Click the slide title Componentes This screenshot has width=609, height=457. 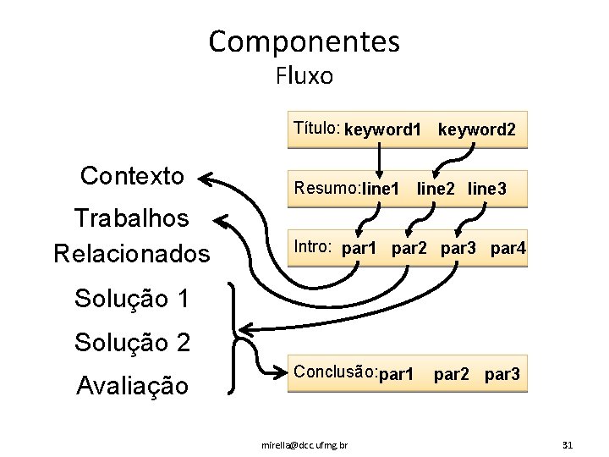(x=304, y=41)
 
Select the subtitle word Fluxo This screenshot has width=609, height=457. (x=304, y=76)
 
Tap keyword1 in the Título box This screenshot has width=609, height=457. (x=382, y=130)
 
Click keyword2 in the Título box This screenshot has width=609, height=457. (x=476, y=130)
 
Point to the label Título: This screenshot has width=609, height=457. (x=316, y=129)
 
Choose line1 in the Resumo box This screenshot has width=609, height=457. (x=381, y=190)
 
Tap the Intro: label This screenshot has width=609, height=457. (x=312, y=247)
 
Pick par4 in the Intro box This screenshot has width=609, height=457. (x=507, y=249)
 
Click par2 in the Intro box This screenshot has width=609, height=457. (x=409, y=249)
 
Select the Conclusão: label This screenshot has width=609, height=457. (x=333, y=372)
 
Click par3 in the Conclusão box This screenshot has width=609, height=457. (x=502, y=374)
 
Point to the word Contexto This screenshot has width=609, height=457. (x=132, y=176)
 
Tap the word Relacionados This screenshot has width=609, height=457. (x=131, y=253)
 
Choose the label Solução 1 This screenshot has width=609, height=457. (x=132, y=299)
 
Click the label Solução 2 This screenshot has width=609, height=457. (x=132, y=343)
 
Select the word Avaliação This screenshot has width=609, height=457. (x=132, y=387)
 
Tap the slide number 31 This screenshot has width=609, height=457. (x=567, y=444)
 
